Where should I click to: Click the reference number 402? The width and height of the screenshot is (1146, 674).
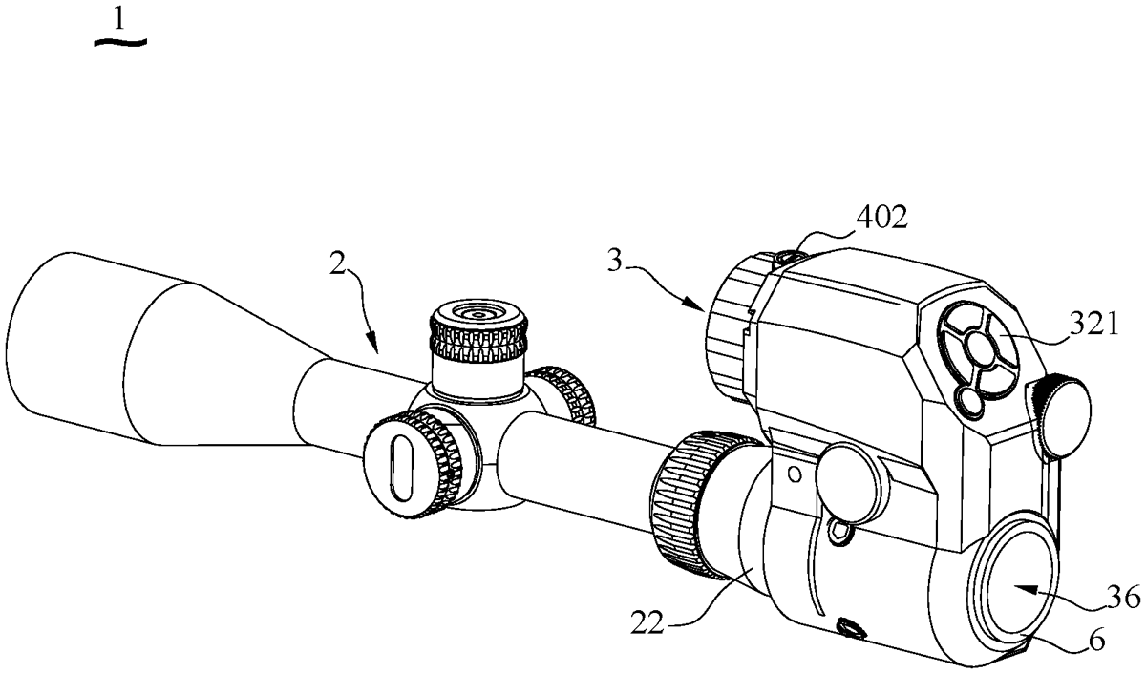(882, 218)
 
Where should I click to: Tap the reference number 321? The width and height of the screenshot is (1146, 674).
(1094, 325)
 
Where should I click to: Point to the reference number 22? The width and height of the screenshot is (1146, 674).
(647, 622)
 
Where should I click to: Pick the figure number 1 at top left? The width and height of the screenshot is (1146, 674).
(119, 20)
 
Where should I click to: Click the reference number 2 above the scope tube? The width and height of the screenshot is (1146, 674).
(337, 263)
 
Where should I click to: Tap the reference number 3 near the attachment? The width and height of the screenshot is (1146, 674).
(615, 261)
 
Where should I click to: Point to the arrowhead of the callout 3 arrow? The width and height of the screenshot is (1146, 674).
(698, 305)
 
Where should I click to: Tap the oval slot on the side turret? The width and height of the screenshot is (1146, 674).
(401, 468)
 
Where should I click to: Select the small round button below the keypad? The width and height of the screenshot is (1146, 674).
(968, 402)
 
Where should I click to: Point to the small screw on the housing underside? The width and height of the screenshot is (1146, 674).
(850, 628)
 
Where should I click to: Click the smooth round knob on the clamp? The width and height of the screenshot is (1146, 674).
(852, 482)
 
